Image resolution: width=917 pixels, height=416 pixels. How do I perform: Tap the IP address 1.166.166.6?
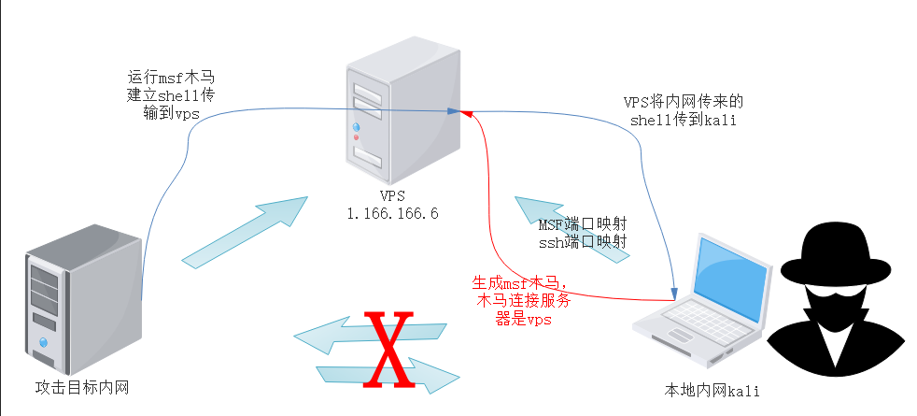[x=392, y=213]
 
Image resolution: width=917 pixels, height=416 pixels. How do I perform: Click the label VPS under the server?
[x=392, y=196]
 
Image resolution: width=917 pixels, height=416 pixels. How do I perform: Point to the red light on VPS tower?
[x=356, y=137]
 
